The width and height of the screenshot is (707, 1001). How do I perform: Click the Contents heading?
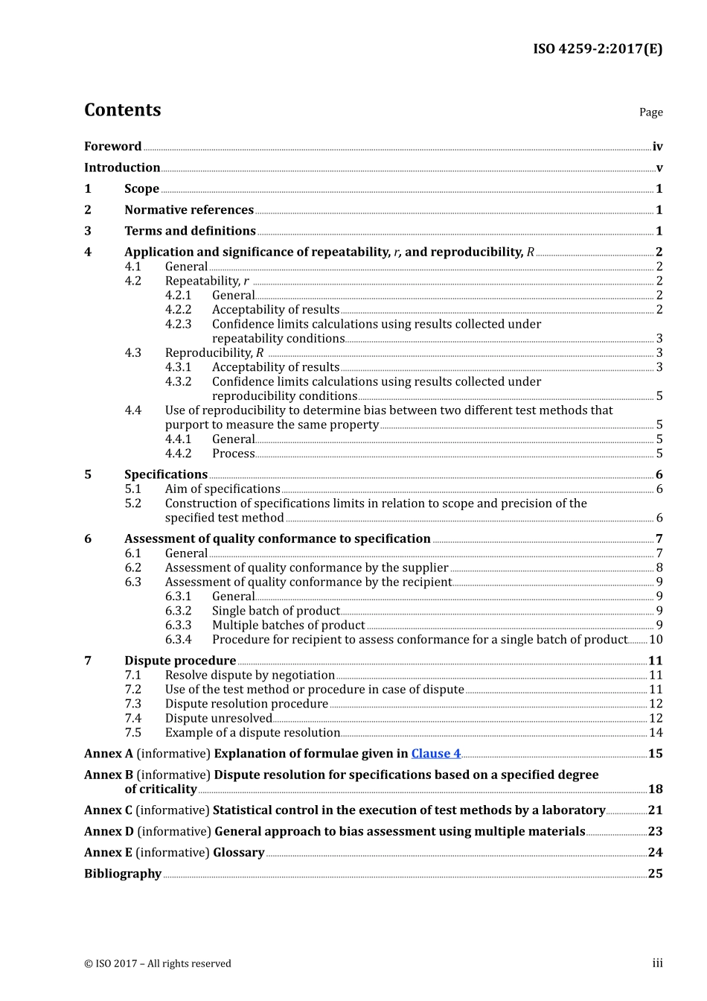tap(122, 110)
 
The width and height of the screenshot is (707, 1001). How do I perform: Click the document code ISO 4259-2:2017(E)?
tap(597, 49)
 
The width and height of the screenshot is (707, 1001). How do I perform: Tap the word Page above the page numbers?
tap(650, 112)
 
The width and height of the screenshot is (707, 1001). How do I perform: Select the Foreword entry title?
tap(112, 147)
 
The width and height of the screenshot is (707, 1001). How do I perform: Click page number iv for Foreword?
tap(657, 147)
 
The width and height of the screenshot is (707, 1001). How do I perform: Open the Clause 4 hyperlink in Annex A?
tap(435, 754)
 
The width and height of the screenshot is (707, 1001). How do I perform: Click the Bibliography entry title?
tap(123, 874)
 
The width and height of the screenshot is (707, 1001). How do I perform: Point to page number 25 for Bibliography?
tap(655, 874)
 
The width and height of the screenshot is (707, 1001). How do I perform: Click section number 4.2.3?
tap(178, 324)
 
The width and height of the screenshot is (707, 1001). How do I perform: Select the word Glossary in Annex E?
tap(238, 853)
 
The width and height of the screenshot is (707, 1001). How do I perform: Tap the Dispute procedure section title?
tap(180, 661)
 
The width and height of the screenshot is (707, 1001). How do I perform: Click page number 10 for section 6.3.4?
tap(655, 640)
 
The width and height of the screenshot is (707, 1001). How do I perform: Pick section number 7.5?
tap(132, 733)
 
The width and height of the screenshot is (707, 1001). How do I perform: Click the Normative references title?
tap(189, 210)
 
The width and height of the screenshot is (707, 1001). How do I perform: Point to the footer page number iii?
tap(657, 963)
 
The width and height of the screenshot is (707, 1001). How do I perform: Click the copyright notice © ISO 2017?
tap(157, 964)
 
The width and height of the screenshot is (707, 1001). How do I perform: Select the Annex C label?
tap(108, 810)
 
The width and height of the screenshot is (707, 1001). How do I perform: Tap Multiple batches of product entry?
tap(288, 626)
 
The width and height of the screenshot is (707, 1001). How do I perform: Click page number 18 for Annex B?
tap(655, 789)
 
